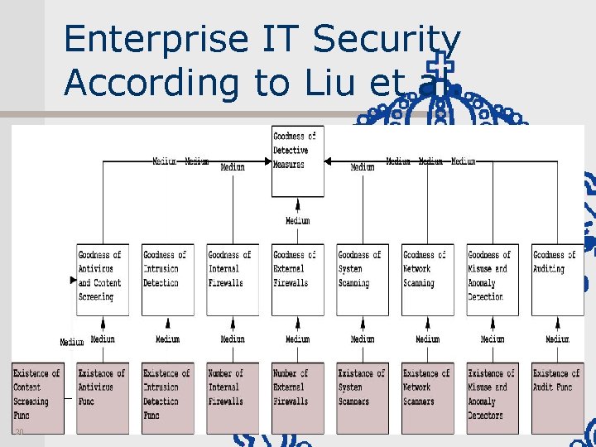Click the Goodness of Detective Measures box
pyautogui.click(x=297, y=161)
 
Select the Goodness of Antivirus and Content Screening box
pyautogui.click(x=103, y=279)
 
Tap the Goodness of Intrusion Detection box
pyautogui.click(x=167, y=279)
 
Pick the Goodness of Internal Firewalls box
pyautogui.click(x=233, y=279)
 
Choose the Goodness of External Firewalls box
pyautogui.click(x=297, y=279)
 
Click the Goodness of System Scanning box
pyautogui.click(x=362, y=279)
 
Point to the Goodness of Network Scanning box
pyautogui.click(x=427, y=279)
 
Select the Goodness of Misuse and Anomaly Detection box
pyautogui.click(x=493, y=279)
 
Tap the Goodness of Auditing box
pyautogui.click(x=557, y=279)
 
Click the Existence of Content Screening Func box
pyautogui.click(x=38, y=397)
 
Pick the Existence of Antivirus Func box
pyautogui.click(x=103, y=397)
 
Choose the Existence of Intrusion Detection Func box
pyautogui.click(x=167, y=397)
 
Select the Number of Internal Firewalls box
pyautogui.click(x=233, y=397)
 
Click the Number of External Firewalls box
pyautogui.click(x=297, y=397)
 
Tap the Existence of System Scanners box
pyautogui.click(x=362, y=397)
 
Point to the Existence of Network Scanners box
pyautogui.click(x=427, y=397)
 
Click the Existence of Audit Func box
pyautogui.click(x=557, y=397)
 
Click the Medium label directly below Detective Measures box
pyautogui.click(x=297, y=221)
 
